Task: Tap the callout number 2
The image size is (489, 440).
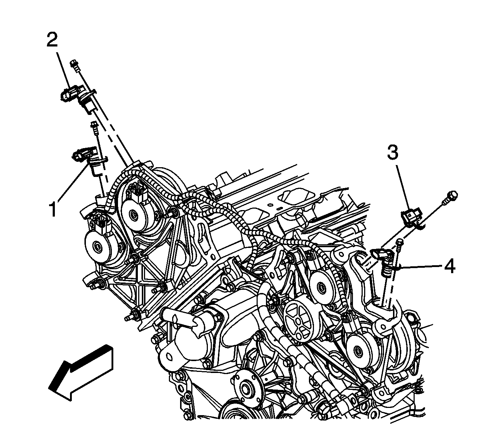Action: pos(52,40)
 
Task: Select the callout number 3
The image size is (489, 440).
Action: pos(393,152)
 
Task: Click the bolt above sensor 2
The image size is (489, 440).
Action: pos(74,66)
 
